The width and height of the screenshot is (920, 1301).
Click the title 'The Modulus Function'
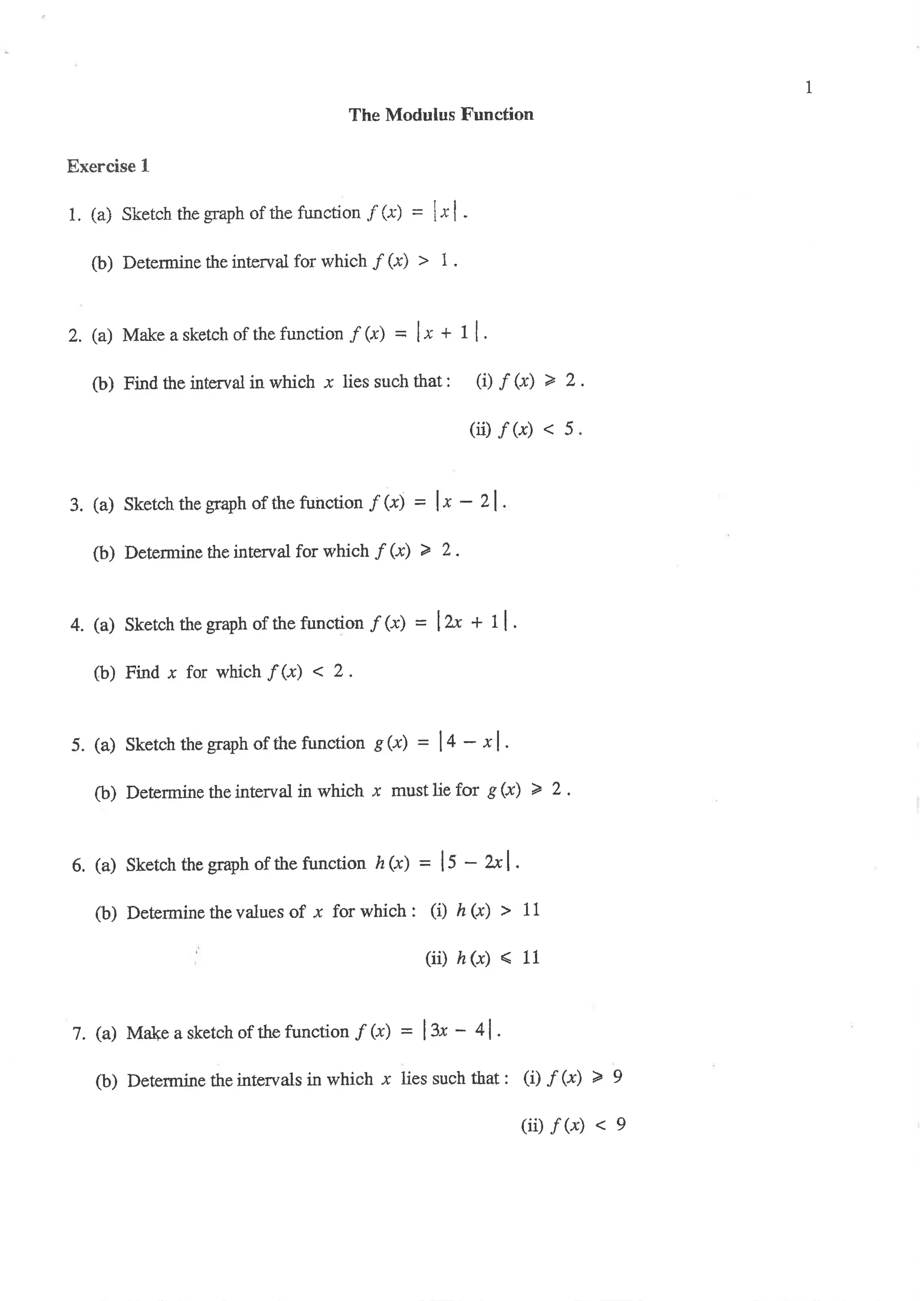tap(441, 115)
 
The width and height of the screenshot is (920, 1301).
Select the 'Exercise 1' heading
tap(108, 166)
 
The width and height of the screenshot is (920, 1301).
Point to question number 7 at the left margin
tap(78, 1033)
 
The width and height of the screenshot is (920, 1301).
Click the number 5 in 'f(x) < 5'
tap(569, 429)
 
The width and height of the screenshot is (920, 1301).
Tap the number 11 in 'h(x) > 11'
tap(531, 910)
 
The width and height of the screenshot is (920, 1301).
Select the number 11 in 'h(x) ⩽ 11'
tap(531, 958)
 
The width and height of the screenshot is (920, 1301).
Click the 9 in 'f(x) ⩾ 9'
tap(618, 1077)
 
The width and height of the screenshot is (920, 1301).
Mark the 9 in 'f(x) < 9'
tap(621, 1124)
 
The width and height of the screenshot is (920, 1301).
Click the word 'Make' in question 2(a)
tap(143, 335)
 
